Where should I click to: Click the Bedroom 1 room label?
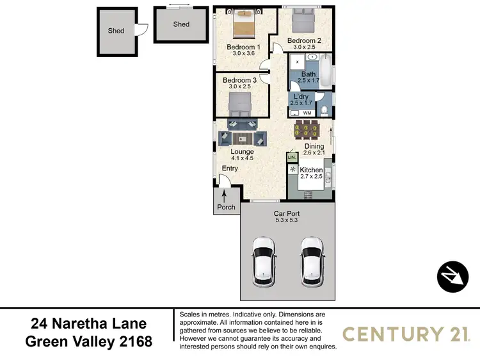pyautogui.click(x=243, y=47)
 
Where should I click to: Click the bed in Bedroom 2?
pyautogui.click(x=303, y=22)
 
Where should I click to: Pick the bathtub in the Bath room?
pyautogui.click(x=326, y=72)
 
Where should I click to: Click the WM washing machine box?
pyautogui.click(x=307, y=113)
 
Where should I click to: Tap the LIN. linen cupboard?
pyautogui.click(x=291, y=157)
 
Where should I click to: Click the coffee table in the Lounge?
pyautogui.click(x=242, y=138)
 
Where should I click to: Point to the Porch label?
pyautogui.click(x=227, y=207)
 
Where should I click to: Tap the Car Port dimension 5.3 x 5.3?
pyautogui.click(x=286, y=220)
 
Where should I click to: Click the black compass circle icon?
pyautogui.click(x=452, y=276)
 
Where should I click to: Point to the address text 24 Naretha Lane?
pyautogui.click(x=89, y=324)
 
